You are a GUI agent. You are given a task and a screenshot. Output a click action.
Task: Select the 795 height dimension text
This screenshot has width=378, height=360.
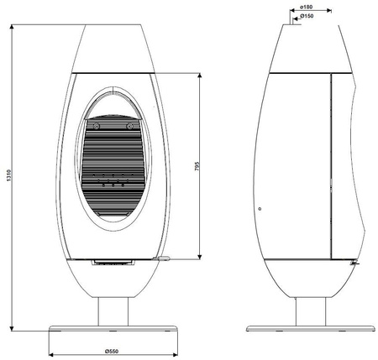click(x=195, y=166)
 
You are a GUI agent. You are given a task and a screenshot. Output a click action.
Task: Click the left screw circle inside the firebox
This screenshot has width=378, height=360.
click(x=96, y=126)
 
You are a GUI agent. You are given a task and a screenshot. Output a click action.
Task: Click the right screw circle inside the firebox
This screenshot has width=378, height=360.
click(x=129, y=126)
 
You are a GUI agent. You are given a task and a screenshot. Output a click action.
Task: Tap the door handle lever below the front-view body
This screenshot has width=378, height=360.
click(x=163, y=259)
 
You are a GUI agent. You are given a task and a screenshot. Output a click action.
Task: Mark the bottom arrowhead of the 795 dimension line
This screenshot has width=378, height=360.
click(x=201, y=256)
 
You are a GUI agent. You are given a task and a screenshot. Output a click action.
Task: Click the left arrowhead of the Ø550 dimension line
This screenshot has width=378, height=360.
click(x=51, y=342)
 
